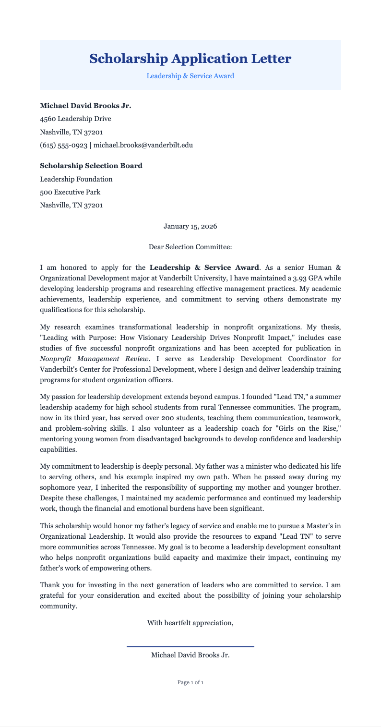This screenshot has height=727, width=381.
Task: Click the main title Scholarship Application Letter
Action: [x=190, y=59]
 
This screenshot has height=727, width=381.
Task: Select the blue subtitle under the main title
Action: [x=190, y=76]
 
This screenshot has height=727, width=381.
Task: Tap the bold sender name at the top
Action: [x=85, y=106]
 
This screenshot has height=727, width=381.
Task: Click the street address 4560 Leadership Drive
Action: [x=75, y=119]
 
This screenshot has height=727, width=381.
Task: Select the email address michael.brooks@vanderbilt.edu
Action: [x=143, y=145]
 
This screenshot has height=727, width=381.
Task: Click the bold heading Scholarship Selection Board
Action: [x=91, y=166]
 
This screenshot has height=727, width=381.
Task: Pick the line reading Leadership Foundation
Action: [x=76, y=179]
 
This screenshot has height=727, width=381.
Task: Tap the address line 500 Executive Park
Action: [x=70, y=192]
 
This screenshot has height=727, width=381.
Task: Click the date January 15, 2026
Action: [x=190, y=226]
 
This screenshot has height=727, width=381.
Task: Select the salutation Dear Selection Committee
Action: [x=190, y=247]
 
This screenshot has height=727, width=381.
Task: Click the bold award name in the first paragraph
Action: [x=204, y=267]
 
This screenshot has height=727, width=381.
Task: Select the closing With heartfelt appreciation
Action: [x=190, y=623]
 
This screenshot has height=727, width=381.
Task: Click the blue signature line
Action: [x=190, y=647]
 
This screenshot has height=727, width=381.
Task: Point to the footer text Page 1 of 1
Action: [x=190, y=682]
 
